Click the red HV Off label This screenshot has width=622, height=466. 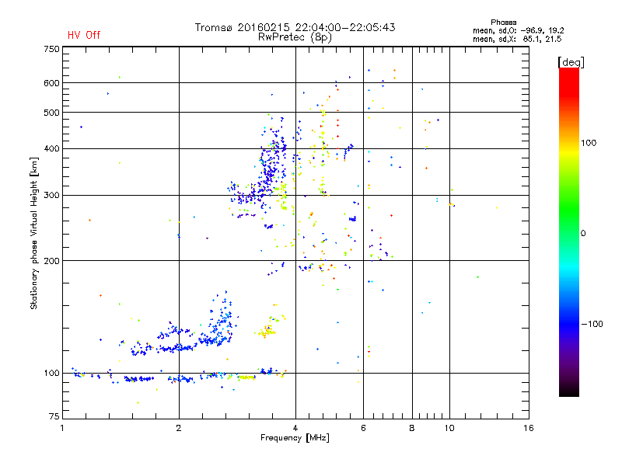(x=83, y=35)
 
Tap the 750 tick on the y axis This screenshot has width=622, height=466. (x=51, y=49)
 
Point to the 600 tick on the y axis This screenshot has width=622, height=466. (x=51, y=83)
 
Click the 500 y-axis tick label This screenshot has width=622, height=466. (x=51, y=113)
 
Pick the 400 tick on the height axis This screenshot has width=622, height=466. (x=51, y=148)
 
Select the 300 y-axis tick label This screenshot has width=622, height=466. (x=51, y=195)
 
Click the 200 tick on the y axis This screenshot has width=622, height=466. (x=51, y=261)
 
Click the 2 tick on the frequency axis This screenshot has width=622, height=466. (x=179, y=428)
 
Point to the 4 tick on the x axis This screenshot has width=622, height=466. (x=295, y=428)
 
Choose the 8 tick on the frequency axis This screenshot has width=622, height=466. (x=412, y=428)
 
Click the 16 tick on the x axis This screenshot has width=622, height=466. (x=528, y=428)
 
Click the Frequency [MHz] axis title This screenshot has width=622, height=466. (x=295, y=439)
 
